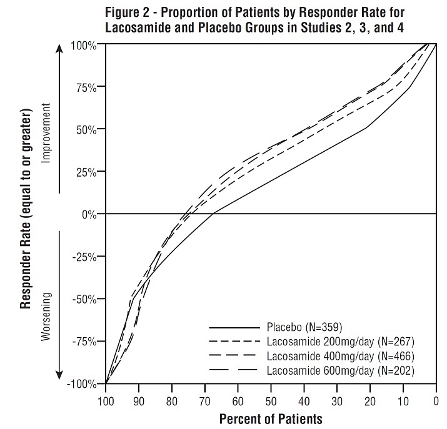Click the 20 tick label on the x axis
pyautogui.click(x=369, y=397)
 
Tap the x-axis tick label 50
pyautogui.click(x=271, y=397)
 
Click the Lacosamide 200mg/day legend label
pyautogui.click(x=340, y=342)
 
